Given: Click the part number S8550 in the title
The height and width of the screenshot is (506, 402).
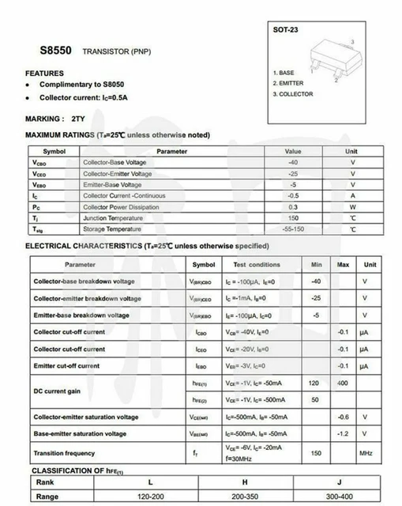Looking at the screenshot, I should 55,49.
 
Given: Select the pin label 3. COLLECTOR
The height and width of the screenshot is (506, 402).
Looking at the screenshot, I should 292,94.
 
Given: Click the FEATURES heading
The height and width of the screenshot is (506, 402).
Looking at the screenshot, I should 44,74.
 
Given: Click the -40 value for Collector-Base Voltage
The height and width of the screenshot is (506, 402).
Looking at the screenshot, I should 293,161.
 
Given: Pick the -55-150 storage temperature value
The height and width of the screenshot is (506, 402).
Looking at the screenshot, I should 293,228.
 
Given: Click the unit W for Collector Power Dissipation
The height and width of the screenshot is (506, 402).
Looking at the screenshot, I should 352,206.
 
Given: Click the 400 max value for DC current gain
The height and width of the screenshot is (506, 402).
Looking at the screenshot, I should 343,383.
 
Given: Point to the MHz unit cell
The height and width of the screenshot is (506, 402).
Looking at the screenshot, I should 366,453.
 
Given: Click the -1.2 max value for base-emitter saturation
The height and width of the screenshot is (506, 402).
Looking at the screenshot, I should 343,434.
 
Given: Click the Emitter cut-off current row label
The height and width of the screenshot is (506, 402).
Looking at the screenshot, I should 66,366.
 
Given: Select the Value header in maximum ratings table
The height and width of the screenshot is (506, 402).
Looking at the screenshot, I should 293,150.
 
